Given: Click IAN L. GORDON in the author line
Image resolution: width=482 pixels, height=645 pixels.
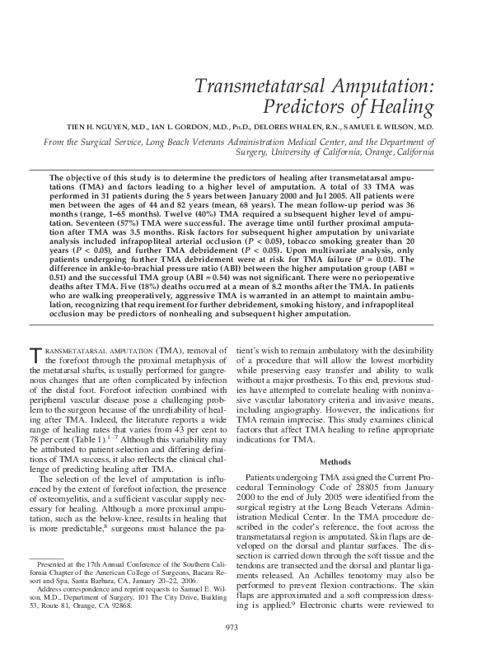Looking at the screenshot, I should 177,129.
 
